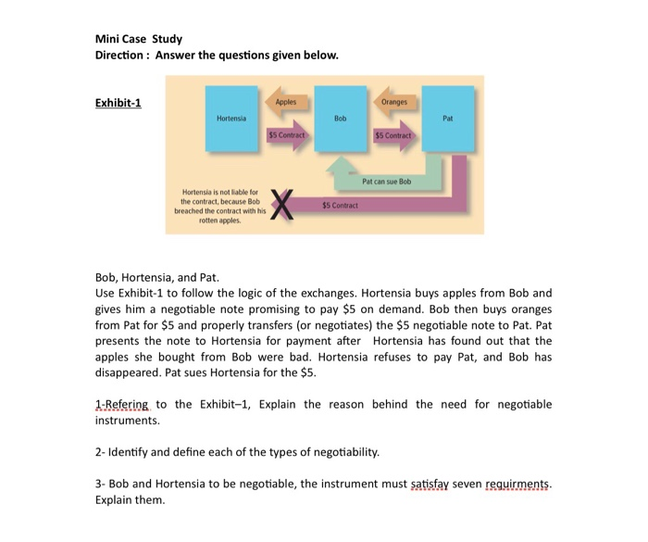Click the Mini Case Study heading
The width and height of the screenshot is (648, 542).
pos(139,39)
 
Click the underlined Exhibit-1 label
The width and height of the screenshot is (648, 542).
pos(118,102)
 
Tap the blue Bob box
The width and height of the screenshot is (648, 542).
pos(340,119)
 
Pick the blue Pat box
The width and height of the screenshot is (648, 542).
pos(448,119)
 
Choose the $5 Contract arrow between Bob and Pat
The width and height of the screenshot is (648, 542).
pos(393,135)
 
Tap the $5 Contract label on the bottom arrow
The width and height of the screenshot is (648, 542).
pos(340,204)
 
